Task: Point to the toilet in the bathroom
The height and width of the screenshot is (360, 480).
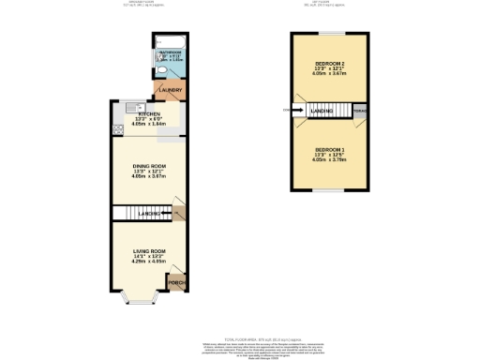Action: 162,70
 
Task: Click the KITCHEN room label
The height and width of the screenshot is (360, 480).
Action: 142,114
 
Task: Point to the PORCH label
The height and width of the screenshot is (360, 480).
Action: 174,281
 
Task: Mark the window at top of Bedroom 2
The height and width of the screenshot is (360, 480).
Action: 330,34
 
